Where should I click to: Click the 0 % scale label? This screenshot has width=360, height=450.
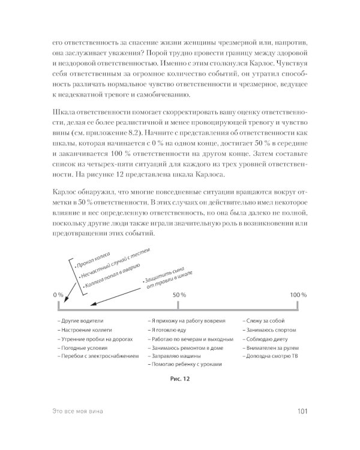coord(58,295)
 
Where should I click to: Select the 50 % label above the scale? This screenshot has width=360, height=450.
coord(179,295)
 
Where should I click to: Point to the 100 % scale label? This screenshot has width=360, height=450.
coord(298,295)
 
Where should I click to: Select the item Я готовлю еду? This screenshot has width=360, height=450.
coord(167,330)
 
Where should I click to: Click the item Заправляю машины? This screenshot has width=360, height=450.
coord(173,356)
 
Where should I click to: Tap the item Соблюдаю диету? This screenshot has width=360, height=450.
coord(265,338)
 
